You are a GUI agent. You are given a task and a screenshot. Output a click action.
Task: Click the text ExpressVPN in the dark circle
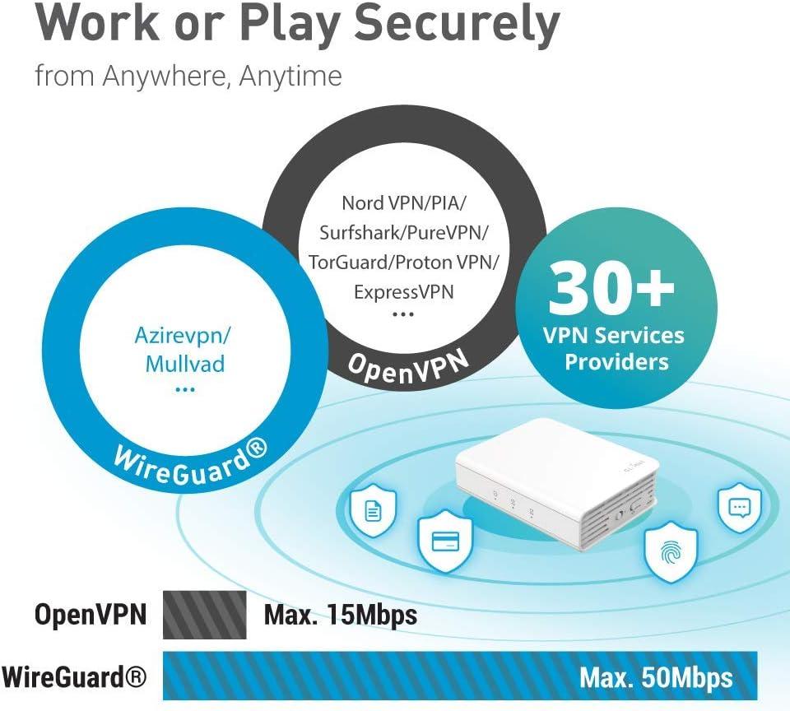[403, 291]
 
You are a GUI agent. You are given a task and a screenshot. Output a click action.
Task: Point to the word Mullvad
[185, 363]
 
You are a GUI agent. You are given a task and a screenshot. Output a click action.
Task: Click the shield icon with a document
[374, 512]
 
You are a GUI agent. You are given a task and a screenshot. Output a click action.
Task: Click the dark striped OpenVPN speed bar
[205, 615]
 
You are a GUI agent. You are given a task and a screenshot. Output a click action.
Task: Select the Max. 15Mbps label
[341, 615]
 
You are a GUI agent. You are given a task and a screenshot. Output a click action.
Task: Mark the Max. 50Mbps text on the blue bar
[655, 678]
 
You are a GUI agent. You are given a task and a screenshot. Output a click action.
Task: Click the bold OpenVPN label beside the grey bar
[90, 615]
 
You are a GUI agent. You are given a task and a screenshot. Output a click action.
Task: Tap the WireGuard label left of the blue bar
[74, 678]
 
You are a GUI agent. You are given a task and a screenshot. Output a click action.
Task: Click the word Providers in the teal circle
[616, 361]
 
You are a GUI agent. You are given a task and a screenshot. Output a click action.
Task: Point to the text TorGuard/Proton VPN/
[403, 262]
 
